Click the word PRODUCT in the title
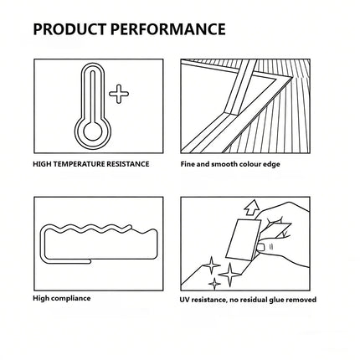click(x=69, y=29)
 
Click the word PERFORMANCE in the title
click(x=168, y=29)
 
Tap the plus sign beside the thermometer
click(x=119, y=94)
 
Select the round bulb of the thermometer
click(x=93, y=131)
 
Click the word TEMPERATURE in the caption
click(x=78, y=164)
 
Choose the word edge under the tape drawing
click(x=271, y=164)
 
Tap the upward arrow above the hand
click(x=252, y=208)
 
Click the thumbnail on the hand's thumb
click(x=261, y=247)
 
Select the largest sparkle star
click(x=229, y=275)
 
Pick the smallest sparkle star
click(x=214, y=284)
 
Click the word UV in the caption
click(x=185, y=300)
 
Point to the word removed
click(x=301, y=300)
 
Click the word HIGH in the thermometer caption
click(x=42, y=164)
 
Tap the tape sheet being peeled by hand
click(x=244, y=239)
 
